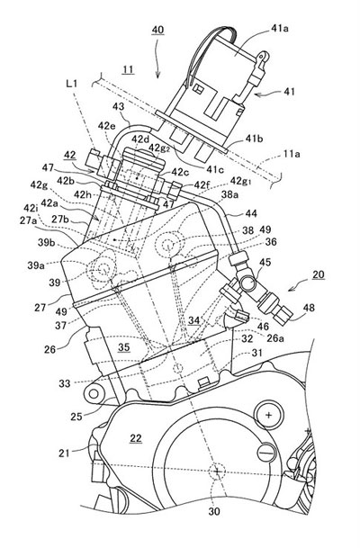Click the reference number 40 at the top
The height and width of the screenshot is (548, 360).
[x=157, y=30]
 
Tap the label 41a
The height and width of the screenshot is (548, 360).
[x=280, y=29]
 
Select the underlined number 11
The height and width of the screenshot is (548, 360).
[x=129, y=69]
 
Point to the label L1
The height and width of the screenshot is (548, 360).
[x=72, y=84]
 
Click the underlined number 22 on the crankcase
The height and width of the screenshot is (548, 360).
[x=136, y=438]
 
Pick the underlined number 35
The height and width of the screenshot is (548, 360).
[x=123, y=347]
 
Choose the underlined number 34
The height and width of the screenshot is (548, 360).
[x=194, y=320]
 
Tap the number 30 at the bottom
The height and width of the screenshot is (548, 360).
[x=214, y=511]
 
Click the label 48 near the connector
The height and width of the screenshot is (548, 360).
[x=309, y=308]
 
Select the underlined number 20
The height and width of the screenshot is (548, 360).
[x=319, y=274]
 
